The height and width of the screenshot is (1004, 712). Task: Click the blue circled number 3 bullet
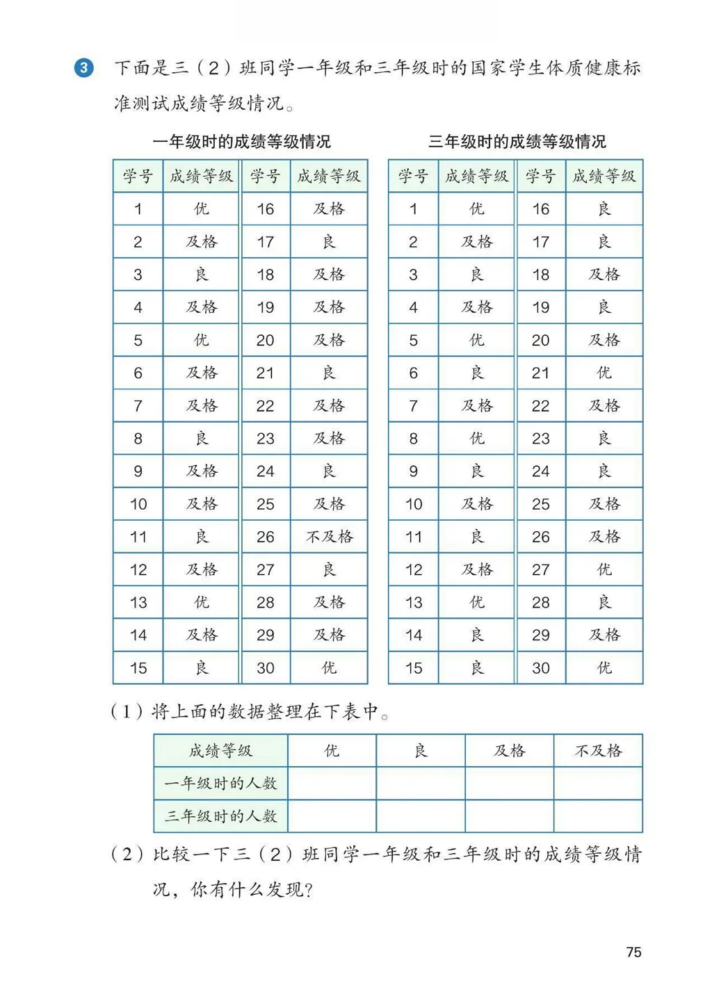(x=83, y=68)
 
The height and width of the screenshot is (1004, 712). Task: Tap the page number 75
(x=633, y=952)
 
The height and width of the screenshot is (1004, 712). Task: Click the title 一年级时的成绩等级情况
(x=241, y=142)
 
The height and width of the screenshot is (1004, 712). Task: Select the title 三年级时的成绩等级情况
(x=517, y=142)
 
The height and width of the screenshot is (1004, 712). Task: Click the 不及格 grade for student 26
(x=329, y=537)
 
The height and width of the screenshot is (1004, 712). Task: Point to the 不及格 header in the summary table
(x=598, y=751)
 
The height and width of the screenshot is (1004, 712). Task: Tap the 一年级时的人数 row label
(x=220, y=784)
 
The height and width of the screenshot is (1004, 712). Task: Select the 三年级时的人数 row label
(x=220, y=816)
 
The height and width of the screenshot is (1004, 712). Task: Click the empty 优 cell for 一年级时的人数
(x=332, y=784)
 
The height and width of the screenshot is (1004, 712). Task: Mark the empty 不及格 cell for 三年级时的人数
(x=598, y=816)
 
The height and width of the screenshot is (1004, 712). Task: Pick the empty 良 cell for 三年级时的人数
(x=421, y=816)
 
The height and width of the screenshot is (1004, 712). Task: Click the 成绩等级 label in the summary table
(x=220, y=751)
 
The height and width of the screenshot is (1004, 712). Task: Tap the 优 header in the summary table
(x=332, y=751)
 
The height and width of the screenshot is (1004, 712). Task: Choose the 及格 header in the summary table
(x=510, y=751)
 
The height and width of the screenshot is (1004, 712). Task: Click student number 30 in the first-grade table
(x=265, y=668)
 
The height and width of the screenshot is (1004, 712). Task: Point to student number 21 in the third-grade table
(x=540, y=373)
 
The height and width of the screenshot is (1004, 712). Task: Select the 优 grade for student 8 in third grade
(x=476, y=439)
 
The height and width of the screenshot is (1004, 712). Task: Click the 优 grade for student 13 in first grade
(x=201, y=603)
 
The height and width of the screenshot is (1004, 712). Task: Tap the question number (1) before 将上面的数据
(x=127, y=712)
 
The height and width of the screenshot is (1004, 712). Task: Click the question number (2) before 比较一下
(x=127, y=855)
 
